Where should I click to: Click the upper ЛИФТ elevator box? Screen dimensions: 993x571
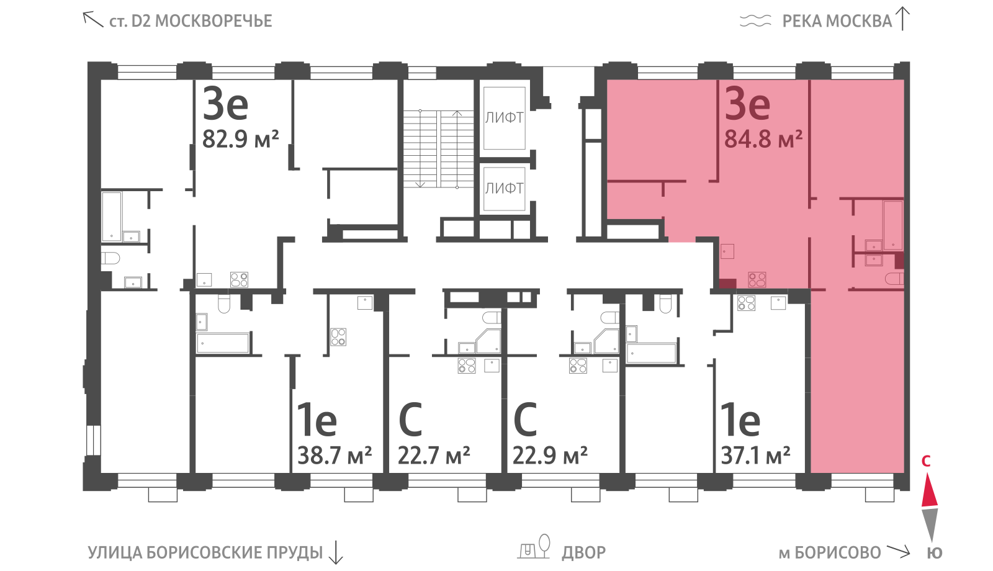pos(504,118)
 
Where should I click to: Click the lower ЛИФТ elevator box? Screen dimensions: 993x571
pos(504,189)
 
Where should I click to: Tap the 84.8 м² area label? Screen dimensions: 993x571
pos(763,139)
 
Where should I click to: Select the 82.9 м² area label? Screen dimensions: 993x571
pos(240,139)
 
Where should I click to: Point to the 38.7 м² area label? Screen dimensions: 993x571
pos(335,455)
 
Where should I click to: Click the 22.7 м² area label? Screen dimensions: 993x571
pos(434,455)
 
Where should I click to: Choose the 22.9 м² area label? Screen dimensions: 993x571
pos(550,455)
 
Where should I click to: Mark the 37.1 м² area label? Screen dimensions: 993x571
pos(755,455)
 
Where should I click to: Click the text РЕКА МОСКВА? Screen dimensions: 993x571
pos(837,21)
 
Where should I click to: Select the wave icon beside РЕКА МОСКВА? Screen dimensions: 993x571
pos(755,21)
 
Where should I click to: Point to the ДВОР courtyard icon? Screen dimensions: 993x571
pos(534,547)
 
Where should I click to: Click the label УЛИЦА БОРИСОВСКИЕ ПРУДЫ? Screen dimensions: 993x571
pos(205,553)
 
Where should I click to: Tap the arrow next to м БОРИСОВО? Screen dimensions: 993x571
pos(898,551)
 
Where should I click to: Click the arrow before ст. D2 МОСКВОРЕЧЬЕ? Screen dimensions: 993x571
pos(92,19)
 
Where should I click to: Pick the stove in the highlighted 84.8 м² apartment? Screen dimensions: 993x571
pos(757,279)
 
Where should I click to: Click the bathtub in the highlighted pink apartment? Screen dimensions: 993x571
pos(893,225)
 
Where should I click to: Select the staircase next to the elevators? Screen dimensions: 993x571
pos(438,149)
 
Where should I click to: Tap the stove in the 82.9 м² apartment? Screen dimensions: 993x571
pos(239,280)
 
